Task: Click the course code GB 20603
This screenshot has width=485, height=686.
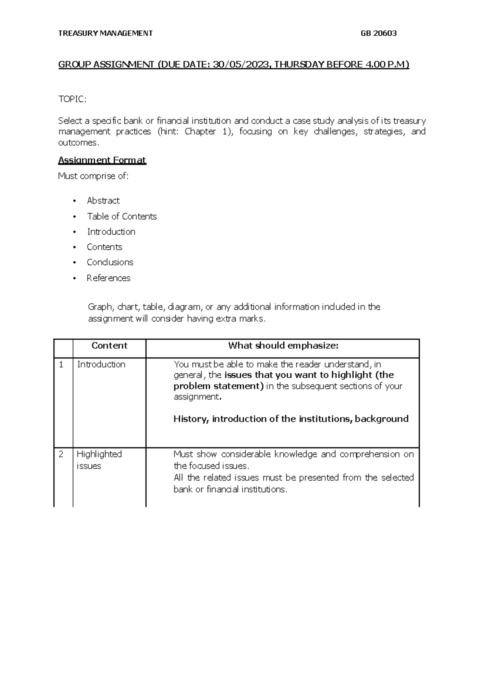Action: [x=378, y=34]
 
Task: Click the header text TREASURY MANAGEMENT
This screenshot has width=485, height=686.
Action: [x=105, y=34]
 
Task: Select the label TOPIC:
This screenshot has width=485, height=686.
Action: [x=72, y=100]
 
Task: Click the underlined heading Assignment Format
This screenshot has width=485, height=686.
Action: [x=102, y=160]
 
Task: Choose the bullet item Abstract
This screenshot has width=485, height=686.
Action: [x=103, y=201]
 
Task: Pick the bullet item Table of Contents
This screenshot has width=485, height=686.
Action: [x=122, y=216]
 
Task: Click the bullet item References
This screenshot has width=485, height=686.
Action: [x=108, y=278]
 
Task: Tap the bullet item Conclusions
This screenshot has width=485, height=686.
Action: [x=110, y=263]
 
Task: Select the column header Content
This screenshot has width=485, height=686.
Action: [x=109, y=345]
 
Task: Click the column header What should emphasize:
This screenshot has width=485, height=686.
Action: [x=283, y=345]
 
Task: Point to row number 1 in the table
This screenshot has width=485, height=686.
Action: [x=61, y=364]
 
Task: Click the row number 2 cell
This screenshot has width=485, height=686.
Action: [x=61, y=454]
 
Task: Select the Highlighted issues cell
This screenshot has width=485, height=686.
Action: [x=99, y=460]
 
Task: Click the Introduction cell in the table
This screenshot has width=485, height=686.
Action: [x=101, y=364]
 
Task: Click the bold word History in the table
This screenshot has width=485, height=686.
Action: [x=191, y=419]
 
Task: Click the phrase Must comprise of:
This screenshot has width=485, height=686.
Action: [x=93, y=176]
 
